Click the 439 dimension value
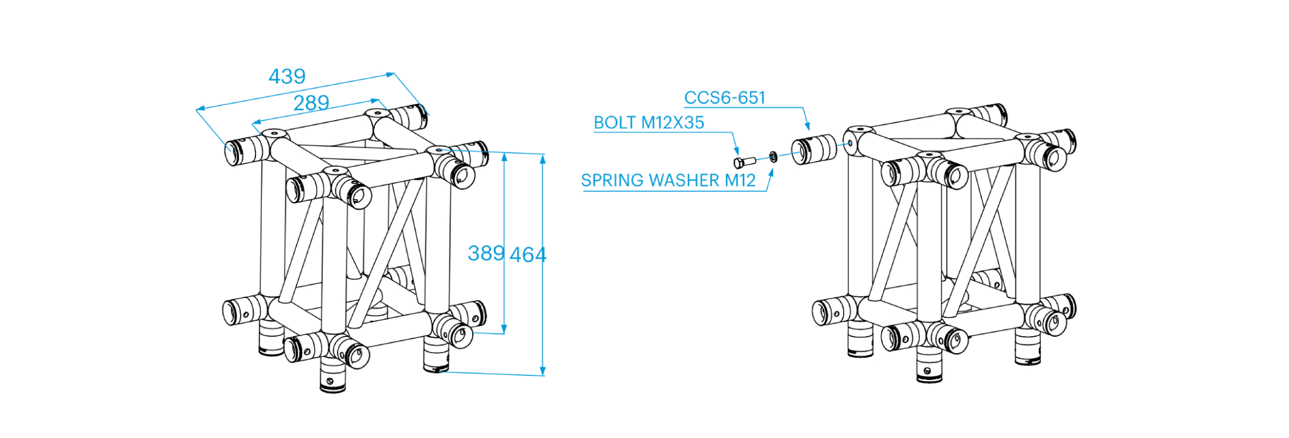tap(287, 77)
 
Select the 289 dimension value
tap(311, 104)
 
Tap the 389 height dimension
tap(486, 254)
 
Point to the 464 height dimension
tap(528, 255)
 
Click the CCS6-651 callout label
tap(725, 98)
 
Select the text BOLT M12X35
tap(649, 123)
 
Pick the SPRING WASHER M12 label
tap(668, 180)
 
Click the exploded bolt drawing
tap(744, 162)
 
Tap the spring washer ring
tap(773, 156)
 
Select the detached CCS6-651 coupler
tap(814, 149)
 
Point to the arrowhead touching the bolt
tap(737, 152)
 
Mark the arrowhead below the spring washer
tap(772, 173)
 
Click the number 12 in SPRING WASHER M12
tap(746, 180)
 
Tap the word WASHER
tap(681, 180)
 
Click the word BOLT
tap(615, 123)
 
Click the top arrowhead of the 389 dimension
tap(504, 157)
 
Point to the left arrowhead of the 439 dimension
tap(200, 108)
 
